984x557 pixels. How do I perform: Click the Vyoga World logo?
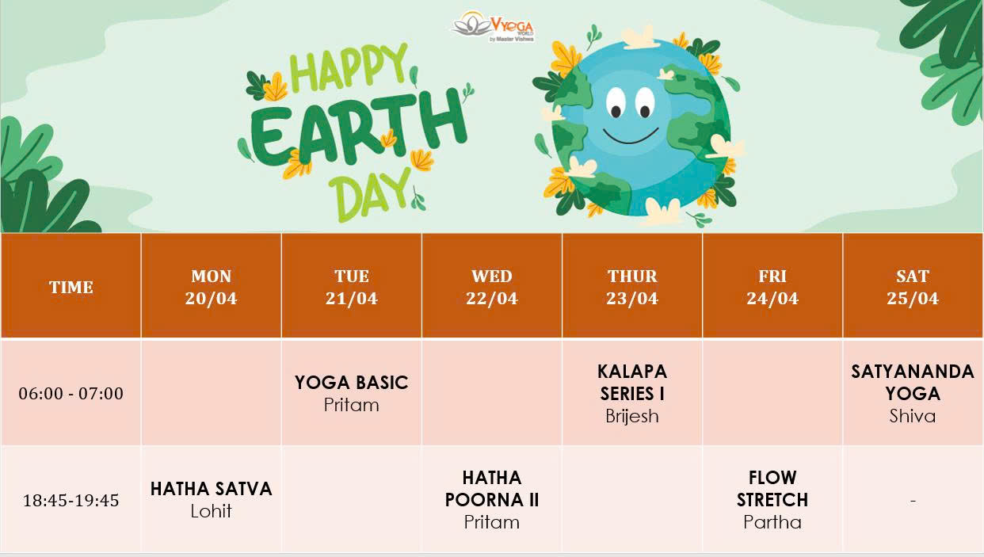(493, 25)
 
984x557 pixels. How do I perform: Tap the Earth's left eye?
(616, 101)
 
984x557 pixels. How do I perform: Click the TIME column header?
(71, 287)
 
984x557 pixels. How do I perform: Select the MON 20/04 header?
(212, 287)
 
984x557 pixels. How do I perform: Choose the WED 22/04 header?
(492, 287)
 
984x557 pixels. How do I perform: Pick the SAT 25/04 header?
(913, 287)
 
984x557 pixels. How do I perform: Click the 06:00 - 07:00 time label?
(71, 393)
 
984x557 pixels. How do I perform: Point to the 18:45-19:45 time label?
(71, 500)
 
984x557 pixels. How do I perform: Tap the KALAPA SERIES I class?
(632, 382)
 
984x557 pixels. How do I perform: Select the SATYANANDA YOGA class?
(913, 383)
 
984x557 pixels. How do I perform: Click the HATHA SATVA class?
(212, 489)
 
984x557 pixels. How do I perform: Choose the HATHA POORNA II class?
(492, 489)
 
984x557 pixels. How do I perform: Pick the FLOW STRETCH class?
(772, 489)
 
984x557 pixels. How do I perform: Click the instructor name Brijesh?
(632, 416)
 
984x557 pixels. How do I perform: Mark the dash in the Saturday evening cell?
(913, 501)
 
